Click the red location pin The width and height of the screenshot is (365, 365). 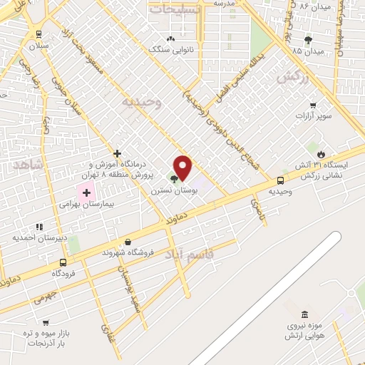(183, 168)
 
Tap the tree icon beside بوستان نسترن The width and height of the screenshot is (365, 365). (173, 178)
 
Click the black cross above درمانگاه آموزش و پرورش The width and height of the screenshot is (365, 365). (118, 153)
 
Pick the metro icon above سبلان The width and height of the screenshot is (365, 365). (38, 34)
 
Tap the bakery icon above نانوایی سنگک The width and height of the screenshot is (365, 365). (170, 38)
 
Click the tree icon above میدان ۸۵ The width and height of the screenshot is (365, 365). (308, 40)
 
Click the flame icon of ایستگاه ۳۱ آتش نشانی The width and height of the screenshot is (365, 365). (321, 153)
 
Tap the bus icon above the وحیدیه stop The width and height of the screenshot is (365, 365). (280, 180)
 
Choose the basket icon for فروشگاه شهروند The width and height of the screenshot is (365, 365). (128, 242)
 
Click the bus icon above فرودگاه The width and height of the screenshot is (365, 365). (63, 262)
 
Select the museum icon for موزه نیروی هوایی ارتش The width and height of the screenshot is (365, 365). (305, 314)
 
